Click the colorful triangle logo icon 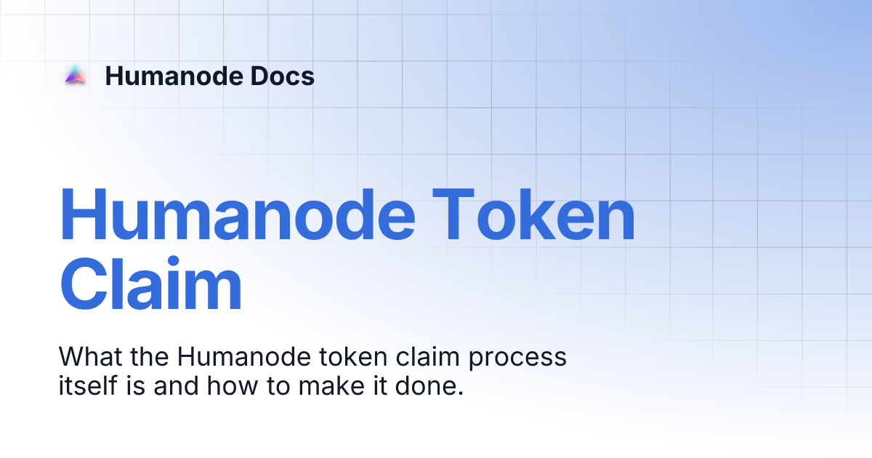75,76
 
